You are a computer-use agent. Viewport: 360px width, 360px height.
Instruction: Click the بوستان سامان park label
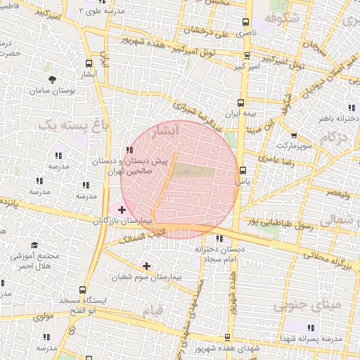tap(53, 91)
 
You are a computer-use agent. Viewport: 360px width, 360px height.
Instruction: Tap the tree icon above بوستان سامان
tap(53, 79)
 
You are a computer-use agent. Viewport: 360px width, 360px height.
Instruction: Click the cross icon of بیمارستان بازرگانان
tap(122, 209)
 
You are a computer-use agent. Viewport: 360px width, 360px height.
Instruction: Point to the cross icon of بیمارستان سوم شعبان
tap(146, 266)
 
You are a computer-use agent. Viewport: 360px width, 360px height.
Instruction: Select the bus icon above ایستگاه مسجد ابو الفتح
tap(84, 289)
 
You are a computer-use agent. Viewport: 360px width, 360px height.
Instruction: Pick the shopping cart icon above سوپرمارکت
tap(293, 136)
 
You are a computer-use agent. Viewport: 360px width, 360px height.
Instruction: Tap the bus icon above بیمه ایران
tap(242, 102)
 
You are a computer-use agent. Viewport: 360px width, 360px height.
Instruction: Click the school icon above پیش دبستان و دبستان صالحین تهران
tap(128, 150)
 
